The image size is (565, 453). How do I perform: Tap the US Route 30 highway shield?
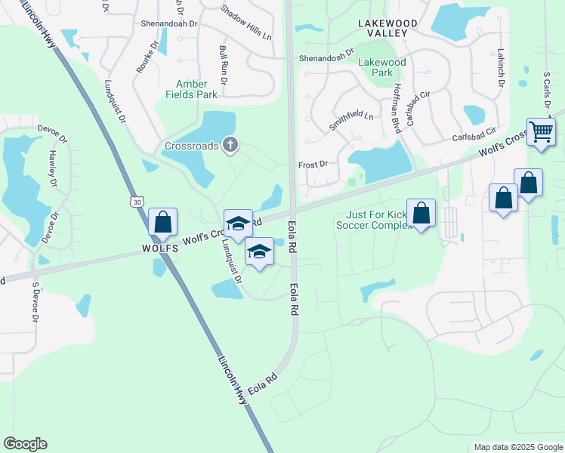tap(135, 202)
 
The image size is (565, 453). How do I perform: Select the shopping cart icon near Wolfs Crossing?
tap(541, 132)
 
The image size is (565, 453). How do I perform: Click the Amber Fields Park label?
tap(192, 89)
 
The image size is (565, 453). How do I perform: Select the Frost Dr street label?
tap(313, 163)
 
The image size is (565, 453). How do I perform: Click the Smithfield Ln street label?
tap(351, 119)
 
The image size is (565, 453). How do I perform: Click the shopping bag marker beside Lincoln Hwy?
tap(162, 223)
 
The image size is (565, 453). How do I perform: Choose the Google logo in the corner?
tap(25, 444)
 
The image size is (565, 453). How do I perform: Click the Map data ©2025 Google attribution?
tap(518, 447)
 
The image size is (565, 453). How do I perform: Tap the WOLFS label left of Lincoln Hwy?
tap(158, 248)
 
